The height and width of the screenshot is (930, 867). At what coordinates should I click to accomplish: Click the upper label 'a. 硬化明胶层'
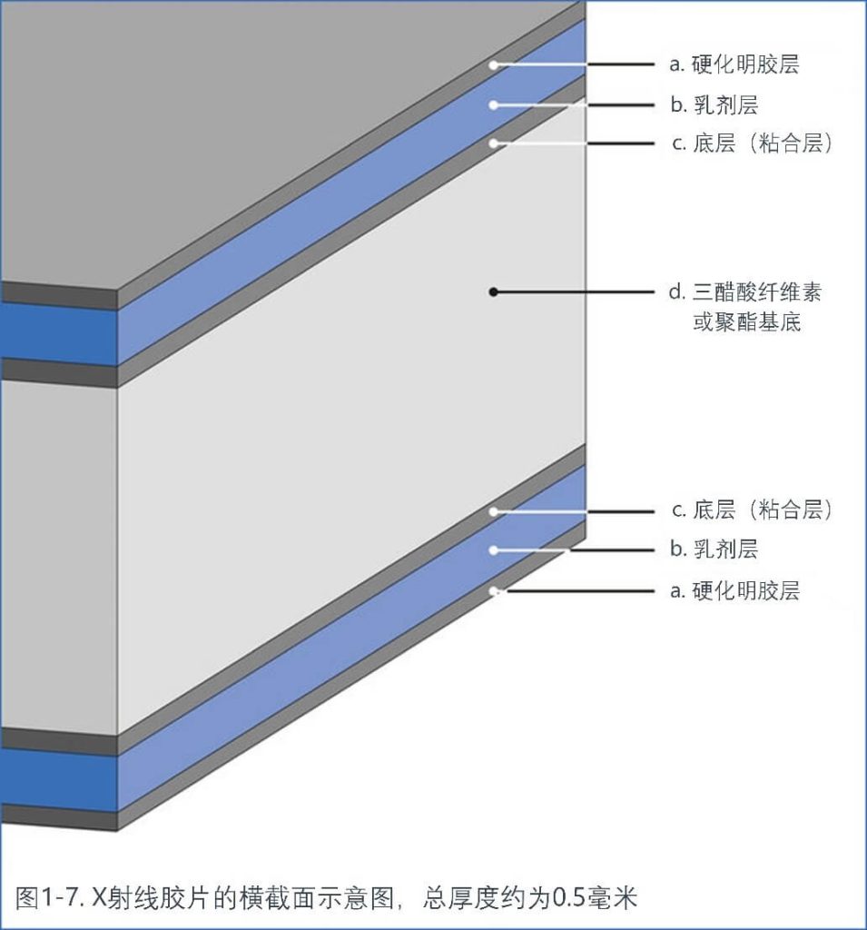(734, 64)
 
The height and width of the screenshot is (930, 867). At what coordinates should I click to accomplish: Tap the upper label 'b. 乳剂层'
(714, 105)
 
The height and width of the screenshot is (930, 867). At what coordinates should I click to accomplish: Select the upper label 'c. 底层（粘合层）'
(751, 144)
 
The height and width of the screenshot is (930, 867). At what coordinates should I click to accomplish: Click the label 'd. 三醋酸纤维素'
(745, 292)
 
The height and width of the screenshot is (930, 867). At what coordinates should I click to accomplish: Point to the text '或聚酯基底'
(747, 322)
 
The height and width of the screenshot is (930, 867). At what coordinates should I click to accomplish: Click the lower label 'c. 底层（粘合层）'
(751, 510)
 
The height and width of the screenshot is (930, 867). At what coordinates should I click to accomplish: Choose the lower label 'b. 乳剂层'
(714, 549)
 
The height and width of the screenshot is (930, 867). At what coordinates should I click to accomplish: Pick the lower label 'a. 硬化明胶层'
(734, 591)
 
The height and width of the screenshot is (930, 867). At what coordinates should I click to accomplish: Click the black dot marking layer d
(493, 292)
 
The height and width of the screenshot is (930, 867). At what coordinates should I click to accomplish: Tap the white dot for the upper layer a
(493, 64)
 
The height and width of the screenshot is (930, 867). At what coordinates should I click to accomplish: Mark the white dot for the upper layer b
(493, 104)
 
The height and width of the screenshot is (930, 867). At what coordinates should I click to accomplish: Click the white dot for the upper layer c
(493, 143)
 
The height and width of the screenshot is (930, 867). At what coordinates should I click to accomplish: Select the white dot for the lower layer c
(493, 511)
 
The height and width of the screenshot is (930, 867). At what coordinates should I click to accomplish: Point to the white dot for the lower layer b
(493, 549)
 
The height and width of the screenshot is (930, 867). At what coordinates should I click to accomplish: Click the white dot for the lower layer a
(493, 590)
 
